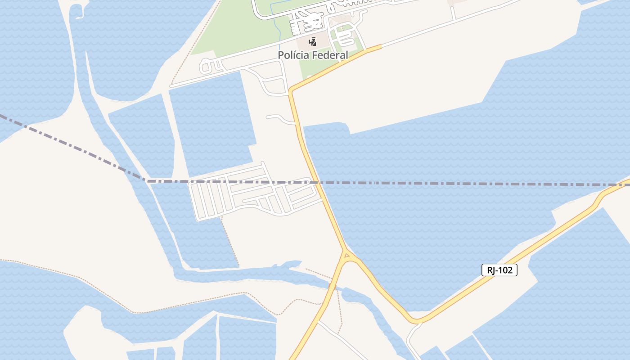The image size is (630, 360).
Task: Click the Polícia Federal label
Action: tap(313, 55)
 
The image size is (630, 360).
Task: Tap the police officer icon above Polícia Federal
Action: tap(312, 42)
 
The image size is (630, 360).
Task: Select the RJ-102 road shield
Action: tap(499, 270)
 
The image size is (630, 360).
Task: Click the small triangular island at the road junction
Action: tap(346, 256)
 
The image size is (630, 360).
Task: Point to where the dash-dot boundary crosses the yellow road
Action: tap(316, 183)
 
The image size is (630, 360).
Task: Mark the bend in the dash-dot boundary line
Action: tap(147, 181)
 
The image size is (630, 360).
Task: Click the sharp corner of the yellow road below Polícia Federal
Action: tap(291, 91)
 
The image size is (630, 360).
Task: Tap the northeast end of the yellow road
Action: tap(380, 46)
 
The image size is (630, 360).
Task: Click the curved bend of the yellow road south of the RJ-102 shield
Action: tap(416, 321)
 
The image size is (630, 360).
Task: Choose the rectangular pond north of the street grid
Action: tap(211, 121)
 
